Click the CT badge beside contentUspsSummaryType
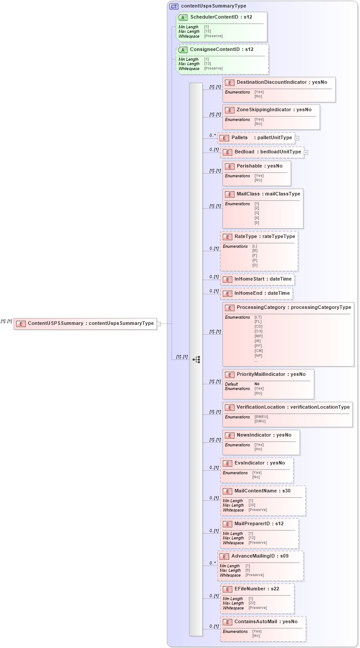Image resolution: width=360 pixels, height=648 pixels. (x=174, y=6)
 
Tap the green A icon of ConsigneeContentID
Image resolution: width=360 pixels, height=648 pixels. (x=183, y=50)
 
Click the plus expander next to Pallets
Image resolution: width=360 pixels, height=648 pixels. (x=297, y=138)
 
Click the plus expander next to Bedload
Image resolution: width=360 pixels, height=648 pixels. (x=306, y=152)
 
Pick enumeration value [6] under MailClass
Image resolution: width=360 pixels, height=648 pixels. (x=257, y=223)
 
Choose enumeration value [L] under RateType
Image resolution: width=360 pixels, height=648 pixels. (x=254, y=246)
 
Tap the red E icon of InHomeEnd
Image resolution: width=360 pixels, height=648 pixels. (x=227, y=293)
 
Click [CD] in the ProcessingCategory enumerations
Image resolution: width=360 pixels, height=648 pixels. (x=258, y=327)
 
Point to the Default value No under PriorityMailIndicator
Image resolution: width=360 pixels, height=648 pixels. (x=257, y=384)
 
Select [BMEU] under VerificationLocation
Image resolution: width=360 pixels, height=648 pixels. (x=261, y=417)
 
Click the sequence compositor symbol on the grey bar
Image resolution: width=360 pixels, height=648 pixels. (x=196, y=359)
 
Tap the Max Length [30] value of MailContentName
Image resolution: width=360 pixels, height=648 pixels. (x=251, y=505)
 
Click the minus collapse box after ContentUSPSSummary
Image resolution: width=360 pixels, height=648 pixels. (x=159, y=324)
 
